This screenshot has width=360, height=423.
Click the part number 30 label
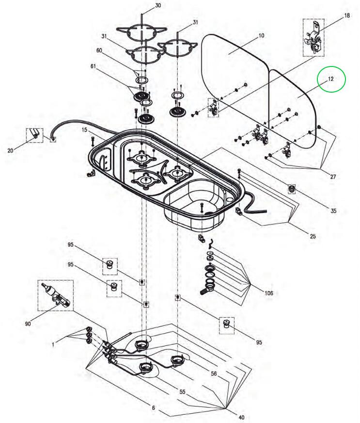tap(157, 6)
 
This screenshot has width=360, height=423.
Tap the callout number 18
tap(347, 16)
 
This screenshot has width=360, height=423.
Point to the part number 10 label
tap(261, 35)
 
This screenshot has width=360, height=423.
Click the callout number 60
tap(99, 50)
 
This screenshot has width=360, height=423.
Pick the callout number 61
tap(94, 65)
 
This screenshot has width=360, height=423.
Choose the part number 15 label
tap(84, 130)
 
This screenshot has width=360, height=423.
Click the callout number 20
tap(11, 151)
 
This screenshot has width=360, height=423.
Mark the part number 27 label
tap(333, 177)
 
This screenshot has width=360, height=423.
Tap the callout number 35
tap(333, 211)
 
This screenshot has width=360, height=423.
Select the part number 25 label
tap(313, 236)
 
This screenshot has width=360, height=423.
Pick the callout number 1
tap(54, 344)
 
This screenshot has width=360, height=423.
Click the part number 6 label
tap(153, 408)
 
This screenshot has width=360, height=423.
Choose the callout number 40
tap(242, 417)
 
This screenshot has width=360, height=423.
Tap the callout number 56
tap(214, 373)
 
